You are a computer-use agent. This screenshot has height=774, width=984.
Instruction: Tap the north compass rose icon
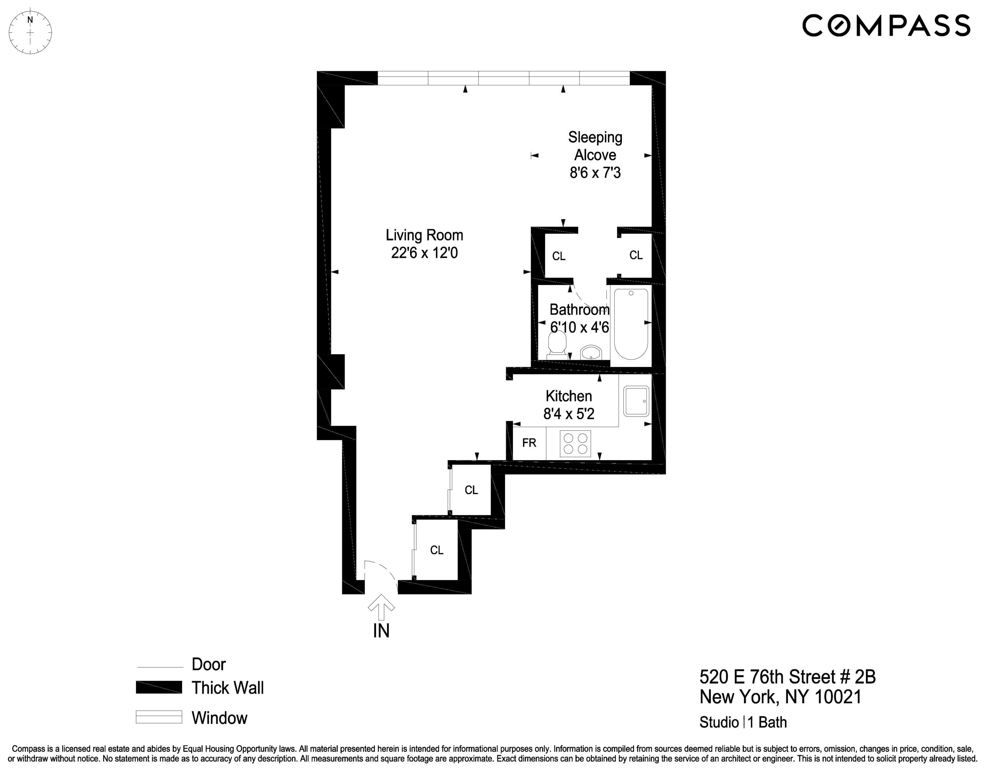(x=31, y=32)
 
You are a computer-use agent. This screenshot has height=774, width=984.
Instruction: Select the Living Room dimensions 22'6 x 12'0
(x=424, y=253)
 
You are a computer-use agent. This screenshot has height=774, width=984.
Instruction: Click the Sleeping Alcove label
(x=595, y=146)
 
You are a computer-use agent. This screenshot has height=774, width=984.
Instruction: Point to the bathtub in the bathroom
(x=631, y=323)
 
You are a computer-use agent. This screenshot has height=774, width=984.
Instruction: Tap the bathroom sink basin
(x=591, y=353)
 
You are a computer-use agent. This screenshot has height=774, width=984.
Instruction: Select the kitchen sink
(x=636, y=401)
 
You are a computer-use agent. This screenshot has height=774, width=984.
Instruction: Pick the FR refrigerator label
(x=529, y=443)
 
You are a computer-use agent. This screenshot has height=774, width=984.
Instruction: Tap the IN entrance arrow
(x=381, y=606)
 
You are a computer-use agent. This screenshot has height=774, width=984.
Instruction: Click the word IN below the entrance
(x=381, y=631)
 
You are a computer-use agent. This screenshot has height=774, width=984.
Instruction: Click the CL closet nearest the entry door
(x=437, y=550)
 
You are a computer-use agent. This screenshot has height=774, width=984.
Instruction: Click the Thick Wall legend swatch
(x=159, y=687)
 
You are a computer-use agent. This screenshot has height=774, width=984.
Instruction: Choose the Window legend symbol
(x=159, y=717)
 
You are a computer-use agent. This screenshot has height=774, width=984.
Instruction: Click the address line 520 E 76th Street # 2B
(x=787, y=677)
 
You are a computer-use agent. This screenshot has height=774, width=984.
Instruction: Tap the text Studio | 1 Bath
(x=743, y=722)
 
